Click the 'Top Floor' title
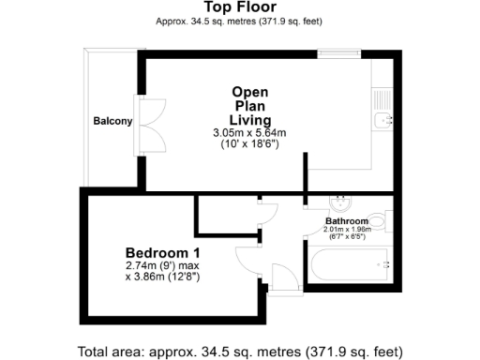(239, 7)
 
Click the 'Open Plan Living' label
(252, 106)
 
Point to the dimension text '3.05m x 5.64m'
(249, 134)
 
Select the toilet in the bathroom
(377, 221)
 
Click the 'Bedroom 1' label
(163, 252)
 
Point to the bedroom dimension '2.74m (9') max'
(164, 266)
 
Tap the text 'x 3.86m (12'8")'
(164, 277)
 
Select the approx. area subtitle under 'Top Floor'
(239, 21)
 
